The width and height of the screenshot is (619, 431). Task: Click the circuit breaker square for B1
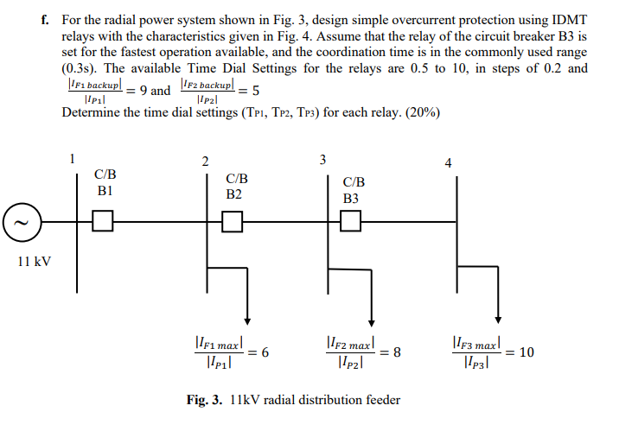pos(103,222)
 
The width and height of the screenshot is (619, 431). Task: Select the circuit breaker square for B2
pos(232,222)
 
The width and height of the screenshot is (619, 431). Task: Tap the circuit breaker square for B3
pos(350,222)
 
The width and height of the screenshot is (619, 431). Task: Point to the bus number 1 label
pos(73,157)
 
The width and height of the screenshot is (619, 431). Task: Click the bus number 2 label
pos(205,161)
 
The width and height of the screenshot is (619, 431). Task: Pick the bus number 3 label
pos(322,159)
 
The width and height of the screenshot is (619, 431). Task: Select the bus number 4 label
pos(448,162)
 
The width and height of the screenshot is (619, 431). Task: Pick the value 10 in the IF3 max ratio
pos(526,352)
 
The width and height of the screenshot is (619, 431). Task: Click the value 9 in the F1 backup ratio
pos(142,91)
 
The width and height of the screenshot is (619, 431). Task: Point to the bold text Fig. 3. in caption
pos(206,400)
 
